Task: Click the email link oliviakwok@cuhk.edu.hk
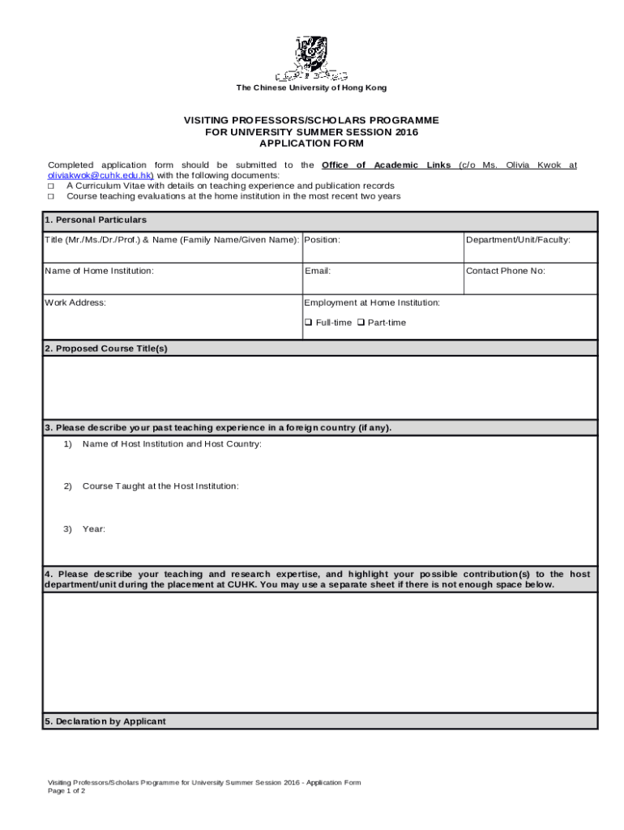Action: (x=100, y=175)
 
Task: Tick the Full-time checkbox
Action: (x=309, y=323)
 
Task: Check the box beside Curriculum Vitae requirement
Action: (x=51, y=186)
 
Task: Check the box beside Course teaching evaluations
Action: (x=51, y=196)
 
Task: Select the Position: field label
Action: (x=322, y=240)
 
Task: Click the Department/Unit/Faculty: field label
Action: (x=518, y=240)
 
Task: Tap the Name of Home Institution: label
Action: (x=100, y=271)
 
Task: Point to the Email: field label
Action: (x=317, y=271)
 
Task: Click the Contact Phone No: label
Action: (x=505, y=271)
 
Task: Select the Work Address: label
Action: (x=75, y=302)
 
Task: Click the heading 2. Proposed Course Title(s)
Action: (x=106, y=349)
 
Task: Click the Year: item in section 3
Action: (x=93, y=528)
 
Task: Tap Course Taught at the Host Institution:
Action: (x=160, y=486)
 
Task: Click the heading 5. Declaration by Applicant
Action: (x=105, y=721)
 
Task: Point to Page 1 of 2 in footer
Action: (x=66, y=790)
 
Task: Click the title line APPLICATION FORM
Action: (x=311, y=143)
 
